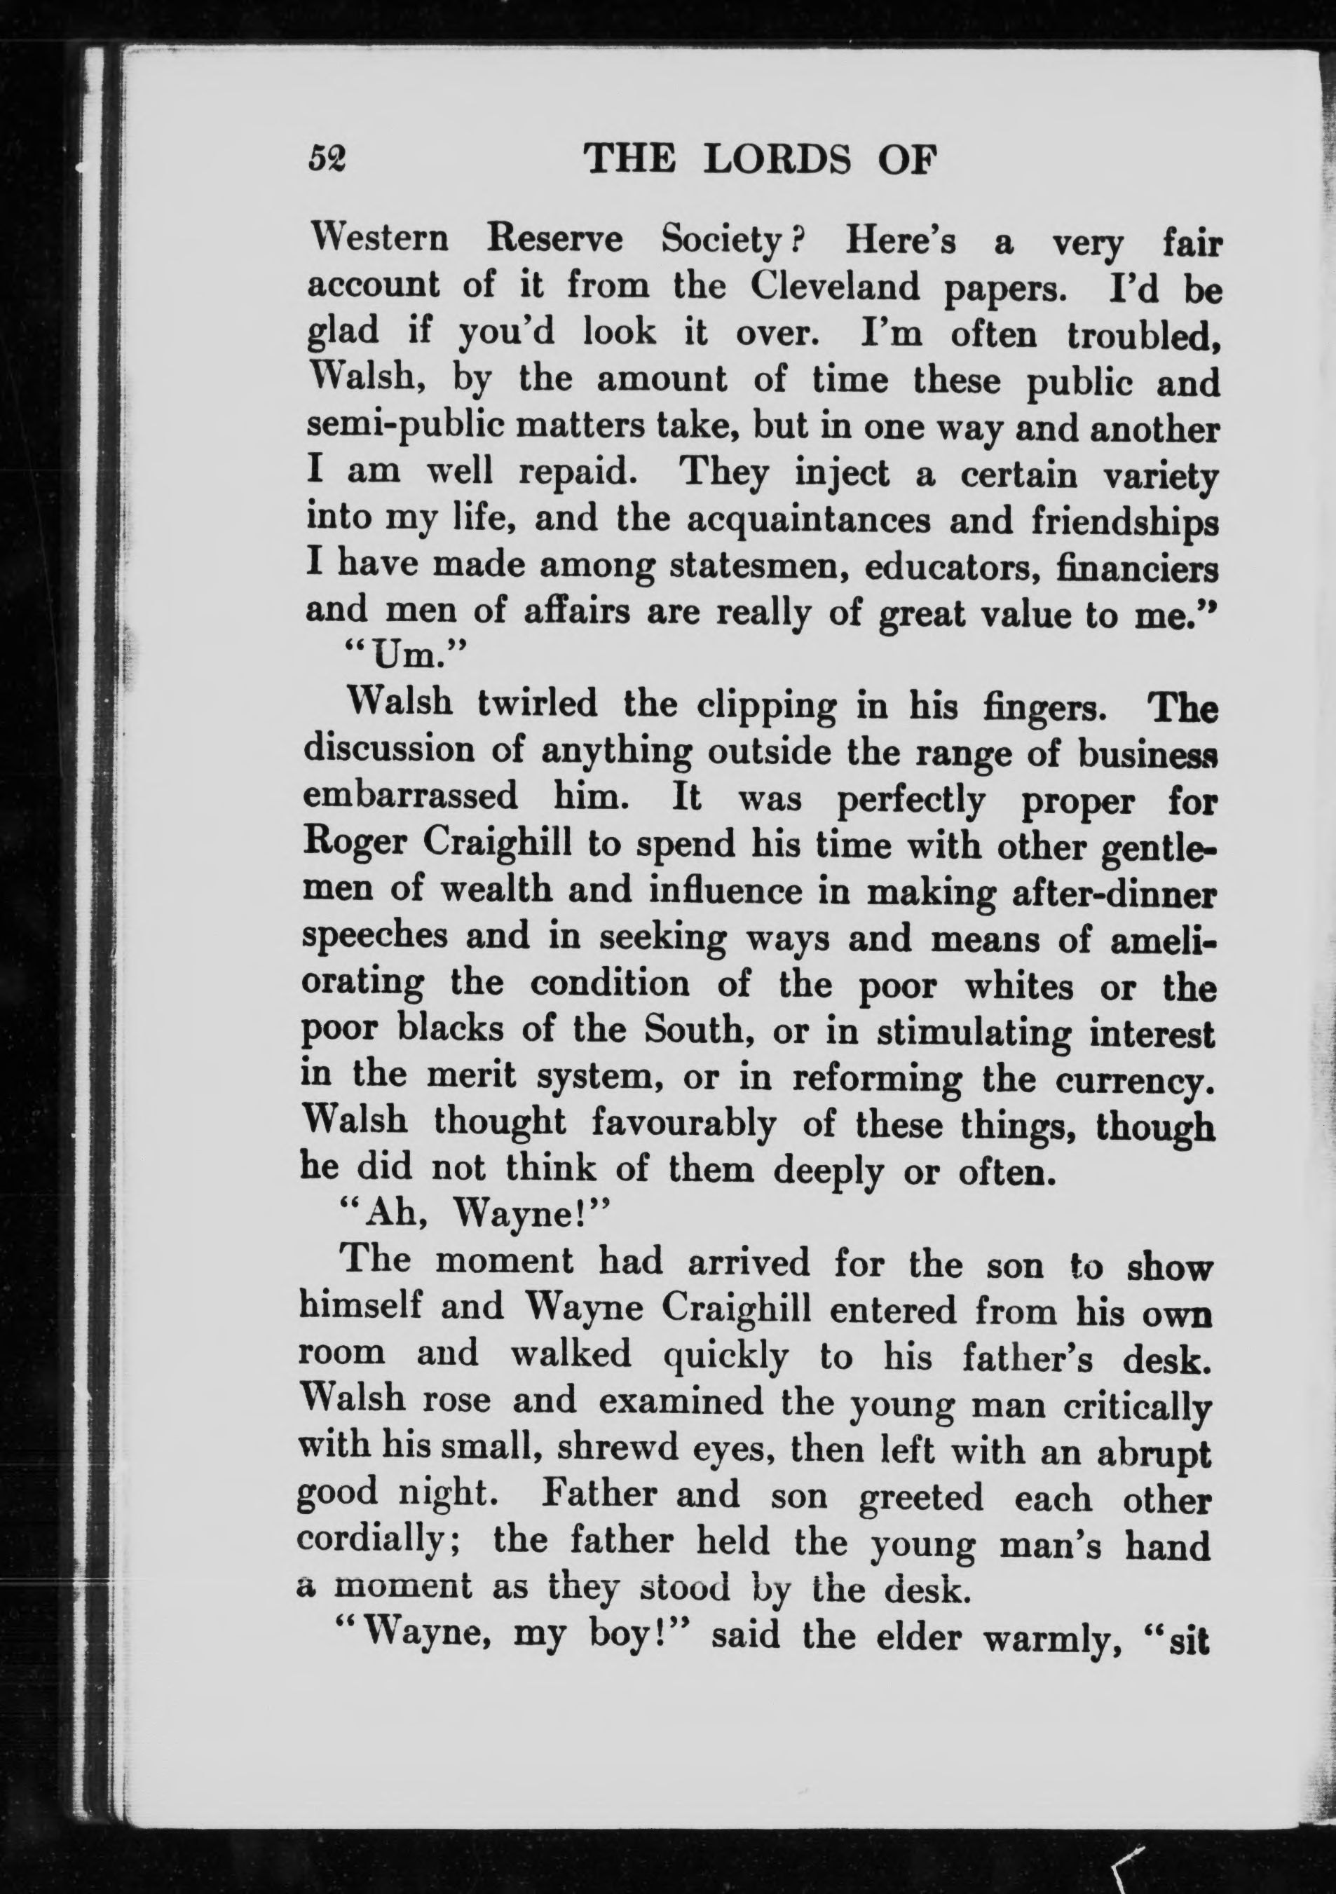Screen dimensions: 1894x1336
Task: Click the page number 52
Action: [327, 158]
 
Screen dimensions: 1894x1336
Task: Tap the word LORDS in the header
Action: [777, 158]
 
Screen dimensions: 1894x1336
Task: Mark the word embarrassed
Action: [411, 797]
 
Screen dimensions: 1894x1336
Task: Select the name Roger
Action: [355, 844]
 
